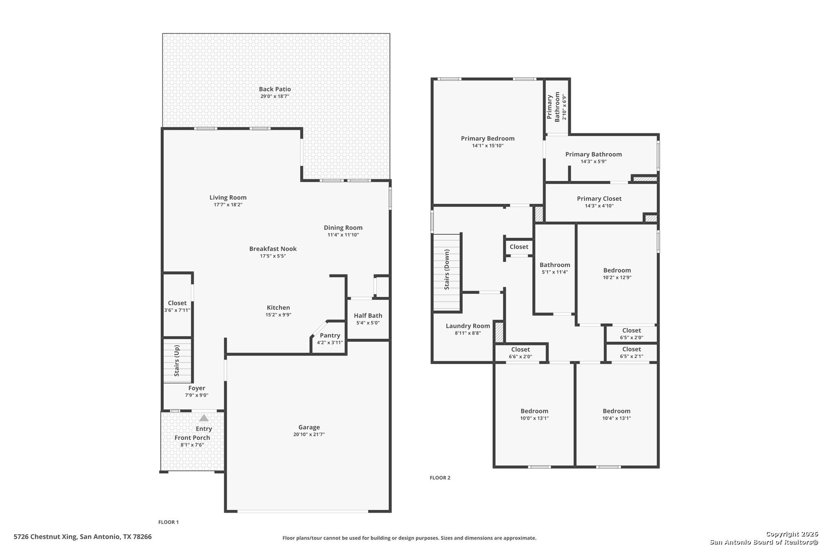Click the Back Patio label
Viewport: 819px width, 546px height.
click(275, 89)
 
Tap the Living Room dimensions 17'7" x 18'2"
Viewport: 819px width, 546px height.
click(228, 205)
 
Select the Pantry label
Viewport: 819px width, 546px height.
click(330, 336)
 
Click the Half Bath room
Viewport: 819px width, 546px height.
click(368, 318)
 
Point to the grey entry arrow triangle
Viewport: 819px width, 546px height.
click(204, 418)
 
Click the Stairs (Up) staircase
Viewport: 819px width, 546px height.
click(177, 360)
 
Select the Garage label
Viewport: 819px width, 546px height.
click(309, 427)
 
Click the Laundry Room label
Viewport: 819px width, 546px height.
click(468, 326)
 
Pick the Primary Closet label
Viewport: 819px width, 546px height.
click(599, 199)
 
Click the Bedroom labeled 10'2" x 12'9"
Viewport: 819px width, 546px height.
click(617, 274)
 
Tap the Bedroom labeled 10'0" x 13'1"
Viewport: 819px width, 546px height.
click(534, 414)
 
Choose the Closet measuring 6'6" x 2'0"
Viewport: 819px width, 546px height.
click(520, 352)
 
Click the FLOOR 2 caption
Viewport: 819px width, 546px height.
click(440, 478)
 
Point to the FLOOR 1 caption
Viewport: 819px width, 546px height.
click(169, 522)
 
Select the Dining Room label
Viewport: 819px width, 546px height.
click(343, 227)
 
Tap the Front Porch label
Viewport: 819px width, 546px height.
click(192, 438)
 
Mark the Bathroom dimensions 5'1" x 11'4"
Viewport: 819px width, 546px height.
click(555, 272)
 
